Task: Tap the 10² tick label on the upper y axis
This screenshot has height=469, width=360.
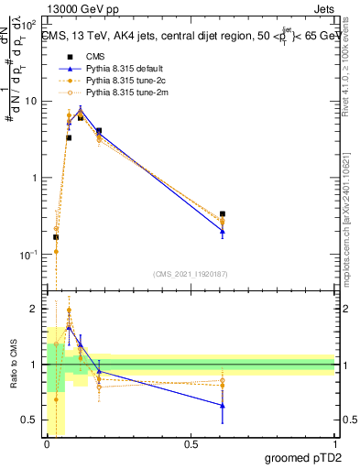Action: pyautogui.click(x=29, y=24)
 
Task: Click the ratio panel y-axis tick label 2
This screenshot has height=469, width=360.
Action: pyautogui.click(x=35, y=310)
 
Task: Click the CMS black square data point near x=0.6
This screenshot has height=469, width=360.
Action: pyautogui.click(x=223, y=214)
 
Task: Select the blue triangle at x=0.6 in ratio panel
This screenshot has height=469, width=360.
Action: pyautogui.click(x=223, y=405)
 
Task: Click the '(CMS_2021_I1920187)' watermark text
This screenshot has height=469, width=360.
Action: pyautogui.click(x=190, y=274)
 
